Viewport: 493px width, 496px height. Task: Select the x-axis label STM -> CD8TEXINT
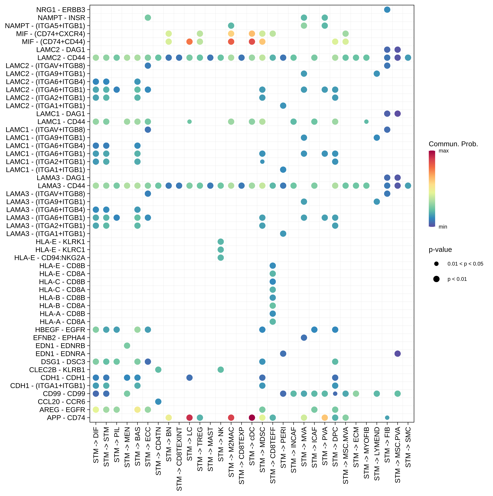pyautogui.click(x=179, y=459)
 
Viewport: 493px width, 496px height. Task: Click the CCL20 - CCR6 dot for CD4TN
pyautogui.click(x=158, y=402)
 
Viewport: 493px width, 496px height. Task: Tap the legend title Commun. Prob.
pyautogui.click(x=453, y=144)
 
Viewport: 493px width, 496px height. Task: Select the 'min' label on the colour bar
pyautogui.click(x=443, y=227)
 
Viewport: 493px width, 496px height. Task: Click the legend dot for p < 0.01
pyautogui.click(x=436, y=279)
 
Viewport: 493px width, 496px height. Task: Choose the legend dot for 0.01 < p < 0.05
pyautogui.click(x=436, y=264)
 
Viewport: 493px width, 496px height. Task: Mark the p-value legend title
pyautogui.click(x=440, y=250)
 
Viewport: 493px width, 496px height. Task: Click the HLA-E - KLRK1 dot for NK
pyautogui.click(x=221, y=242)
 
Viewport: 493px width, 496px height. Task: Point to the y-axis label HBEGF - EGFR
pyautogui.click(x=60, y=330)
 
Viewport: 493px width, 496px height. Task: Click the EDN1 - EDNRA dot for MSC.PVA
pyautogui.click(x=397, y=354)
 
